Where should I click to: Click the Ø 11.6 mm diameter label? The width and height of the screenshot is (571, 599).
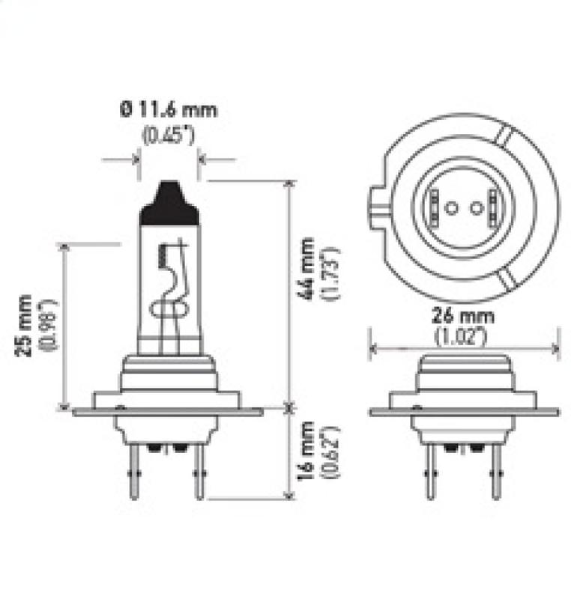[x=168, y=112]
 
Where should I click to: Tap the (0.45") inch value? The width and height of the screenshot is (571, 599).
[x=169, y=137]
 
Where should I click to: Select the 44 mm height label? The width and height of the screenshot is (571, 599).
[x=306, y=268]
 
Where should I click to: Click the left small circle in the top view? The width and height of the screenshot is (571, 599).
[x=450, y=207]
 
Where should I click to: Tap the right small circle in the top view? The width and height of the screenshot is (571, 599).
[x=477, y=207]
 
